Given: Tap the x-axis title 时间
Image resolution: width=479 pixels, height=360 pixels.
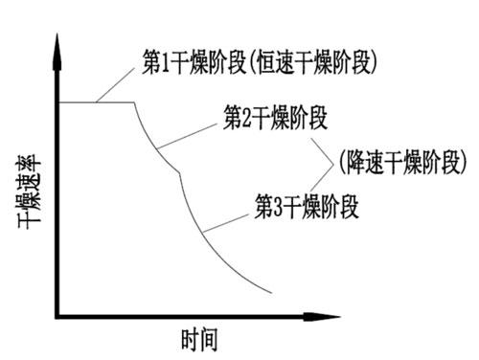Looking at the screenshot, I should coord(203,339).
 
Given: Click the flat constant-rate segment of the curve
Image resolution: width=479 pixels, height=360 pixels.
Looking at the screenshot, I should coord(96,102).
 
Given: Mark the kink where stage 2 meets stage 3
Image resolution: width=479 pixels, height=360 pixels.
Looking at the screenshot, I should coord(181,174).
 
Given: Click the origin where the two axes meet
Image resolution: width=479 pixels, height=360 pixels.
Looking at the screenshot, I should coord(58,313).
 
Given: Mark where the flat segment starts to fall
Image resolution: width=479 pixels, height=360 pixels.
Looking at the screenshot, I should coord(132,102).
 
